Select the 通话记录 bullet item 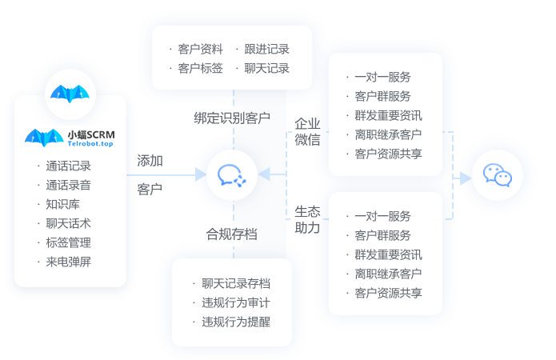68,166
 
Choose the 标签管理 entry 68,242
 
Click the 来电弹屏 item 68,262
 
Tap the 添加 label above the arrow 150,161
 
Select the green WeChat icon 497,174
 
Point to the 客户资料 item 201,50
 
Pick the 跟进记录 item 267,50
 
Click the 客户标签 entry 201,69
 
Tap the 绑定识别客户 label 232,118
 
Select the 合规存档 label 232,234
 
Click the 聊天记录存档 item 236,283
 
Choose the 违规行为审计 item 236,302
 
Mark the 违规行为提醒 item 236,322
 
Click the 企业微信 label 307,132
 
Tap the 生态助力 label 307,220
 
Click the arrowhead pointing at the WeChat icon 466,178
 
